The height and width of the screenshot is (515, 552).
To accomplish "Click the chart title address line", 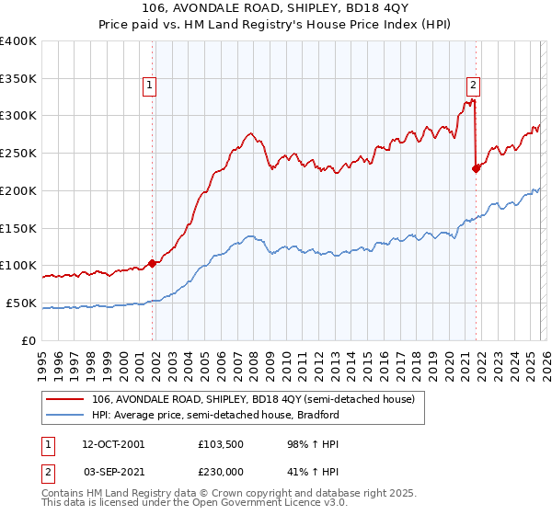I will [276, 9].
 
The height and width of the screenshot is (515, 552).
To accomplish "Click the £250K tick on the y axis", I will [18, 154].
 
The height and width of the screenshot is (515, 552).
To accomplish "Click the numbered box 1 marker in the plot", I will [149, 86].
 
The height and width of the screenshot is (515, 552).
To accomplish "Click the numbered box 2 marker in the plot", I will [474, 86].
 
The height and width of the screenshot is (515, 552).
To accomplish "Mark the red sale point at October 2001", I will [152, 263].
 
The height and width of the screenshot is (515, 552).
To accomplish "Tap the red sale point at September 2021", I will [476, 168].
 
